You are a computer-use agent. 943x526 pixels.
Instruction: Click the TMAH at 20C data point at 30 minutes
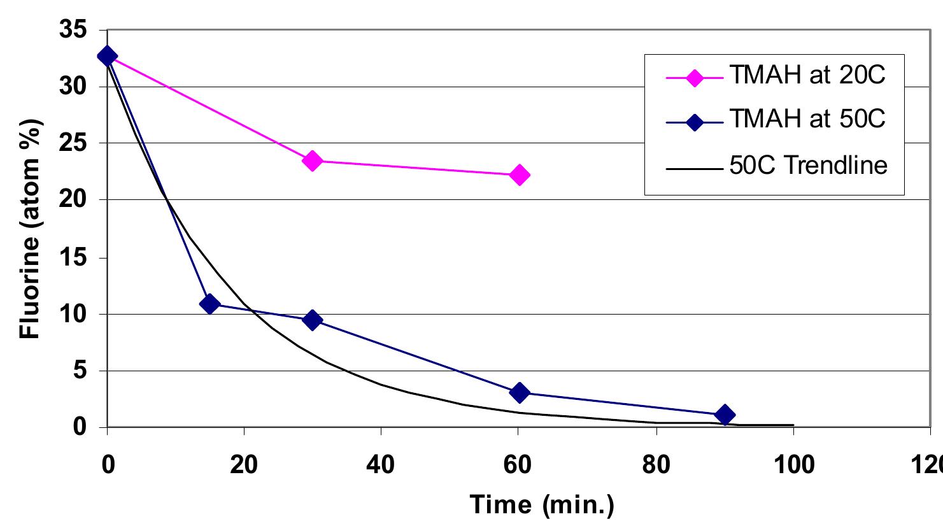[x=312, y=160]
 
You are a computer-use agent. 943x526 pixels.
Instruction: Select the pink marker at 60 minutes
[x=520, y=174]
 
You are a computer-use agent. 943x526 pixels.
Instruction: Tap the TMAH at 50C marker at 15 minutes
[x=209, y=304]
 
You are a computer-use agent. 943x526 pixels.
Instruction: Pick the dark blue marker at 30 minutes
[x=312, y=320]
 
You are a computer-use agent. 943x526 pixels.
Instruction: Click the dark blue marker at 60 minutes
[x=520, y=392]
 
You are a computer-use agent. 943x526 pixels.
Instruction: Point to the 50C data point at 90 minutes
[x=725, y=415]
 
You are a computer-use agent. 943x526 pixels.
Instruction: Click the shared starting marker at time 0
[x=107, y=56]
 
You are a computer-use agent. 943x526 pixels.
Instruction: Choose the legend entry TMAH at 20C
[x=807, y=76]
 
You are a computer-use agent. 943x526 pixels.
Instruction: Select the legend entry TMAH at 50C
[x=807, y=120]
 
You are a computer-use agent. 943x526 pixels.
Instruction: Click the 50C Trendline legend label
[x=809, y=166]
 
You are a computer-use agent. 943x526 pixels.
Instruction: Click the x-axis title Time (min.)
[x=542, y=505]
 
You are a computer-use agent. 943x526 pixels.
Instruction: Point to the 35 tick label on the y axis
[x=74, y=31]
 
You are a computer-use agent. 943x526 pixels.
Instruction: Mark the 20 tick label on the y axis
[x=74, y=200]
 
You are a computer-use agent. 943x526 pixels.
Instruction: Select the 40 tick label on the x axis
[x=381, y=466]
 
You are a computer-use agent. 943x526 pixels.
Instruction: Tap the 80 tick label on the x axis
[x=655, y=466]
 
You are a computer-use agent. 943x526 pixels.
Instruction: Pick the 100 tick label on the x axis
[x=792, y=466]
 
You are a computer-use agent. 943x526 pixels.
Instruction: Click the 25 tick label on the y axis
[x=74, y=143]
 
